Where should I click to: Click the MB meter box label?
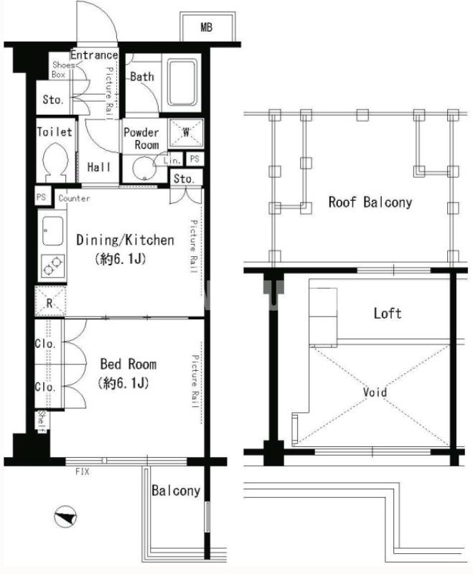click(x=207, y=27)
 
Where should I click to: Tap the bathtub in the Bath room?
click(x=182, y=83)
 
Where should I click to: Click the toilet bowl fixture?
click(x=55, y=162)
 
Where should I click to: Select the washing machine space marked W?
click(x=186, y=133)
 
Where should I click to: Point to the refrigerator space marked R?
click(x=50, y=301)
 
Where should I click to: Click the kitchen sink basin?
click(x=52, y=231)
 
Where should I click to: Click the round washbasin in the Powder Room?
click(x=144, y=169)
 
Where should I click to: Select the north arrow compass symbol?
click(x=65, y=517)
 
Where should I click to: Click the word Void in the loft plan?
click(x=375, y=392)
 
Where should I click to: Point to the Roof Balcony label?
click(x=370, y=202)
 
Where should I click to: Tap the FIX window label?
click(x=83, y=471)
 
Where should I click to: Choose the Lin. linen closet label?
click(x=172, y=160)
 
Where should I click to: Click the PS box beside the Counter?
click(x=42, y=197)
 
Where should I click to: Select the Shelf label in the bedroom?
click(x=42, y=421)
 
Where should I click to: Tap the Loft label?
click(x=388, y=314)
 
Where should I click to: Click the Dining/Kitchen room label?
click(x=125, y=240)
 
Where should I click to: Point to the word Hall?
click(x=99, y=167)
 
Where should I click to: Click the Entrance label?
click(x=94, y=55)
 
